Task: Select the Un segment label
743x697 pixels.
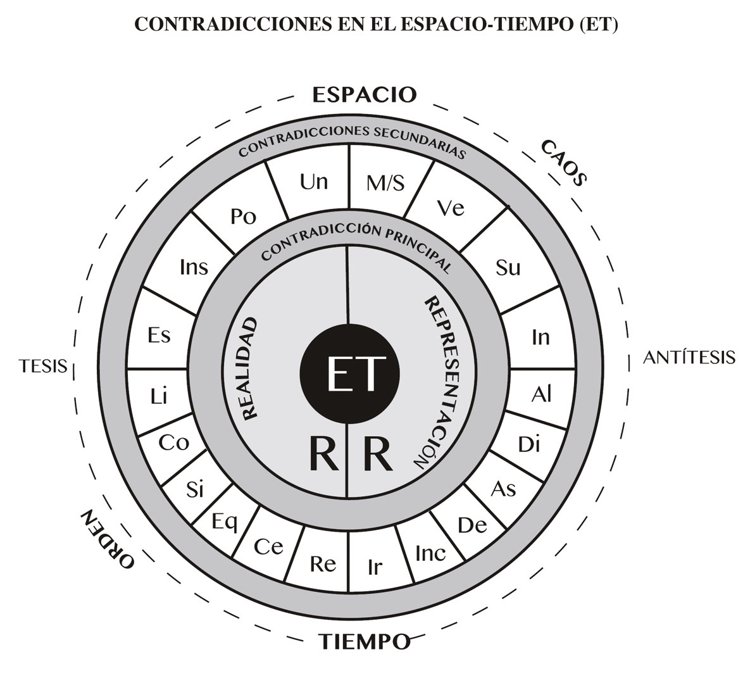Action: click(314, 182)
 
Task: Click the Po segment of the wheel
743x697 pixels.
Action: click(244, 217)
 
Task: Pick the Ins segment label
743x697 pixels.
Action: click(194, 267)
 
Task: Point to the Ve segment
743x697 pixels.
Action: click(451, 208)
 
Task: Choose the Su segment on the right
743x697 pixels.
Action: click(508, 268)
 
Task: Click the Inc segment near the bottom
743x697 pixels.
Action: click(430, 553)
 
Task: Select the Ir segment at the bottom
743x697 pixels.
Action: click(375, 567)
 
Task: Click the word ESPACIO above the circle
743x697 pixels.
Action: click(365, 95)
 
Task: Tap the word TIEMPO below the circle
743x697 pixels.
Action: click(364, 642)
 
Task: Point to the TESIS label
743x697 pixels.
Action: click(43, 366)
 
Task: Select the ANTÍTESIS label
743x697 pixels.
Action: click(689, 358)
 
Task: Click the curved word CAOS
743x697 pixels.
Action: click(564, 163)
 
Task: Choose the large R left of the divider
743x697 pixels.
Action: click(323, 454)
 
